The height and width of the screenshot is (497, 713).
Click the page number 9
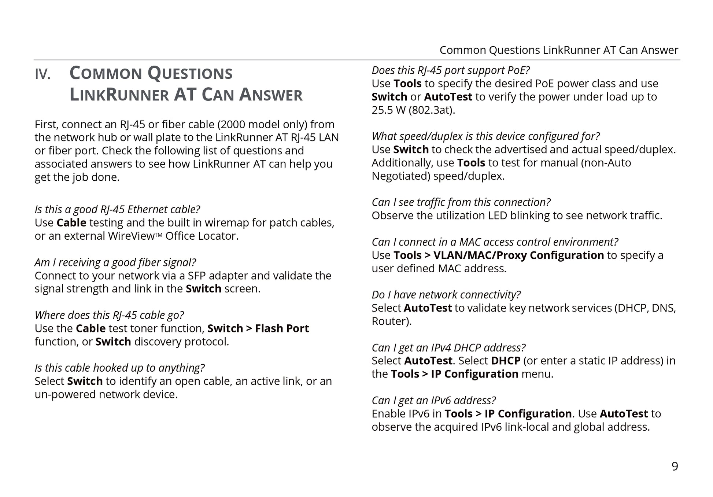pyautogui.click(x=675, y=466)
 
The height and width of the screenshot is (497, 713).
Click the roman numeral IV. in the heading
pyautogui.click(x=43, y=74)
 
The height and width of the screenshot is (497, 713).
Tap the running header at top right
pyautogui.click(x=558, y=50)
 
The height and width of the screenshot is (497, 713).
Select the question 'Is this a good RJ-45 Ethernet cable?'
pyautogui.click(x=117, y=209)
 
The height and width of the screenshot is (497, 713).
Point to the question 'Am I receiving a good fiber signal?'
pyautogui.click(x=115, y=262)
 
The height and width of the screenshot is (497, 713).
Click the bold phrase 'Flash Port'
pyautogui.click(x=282, y=328)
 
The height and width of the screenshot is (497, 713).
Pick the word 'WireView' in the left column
pyautogui.click(x=132, y=236)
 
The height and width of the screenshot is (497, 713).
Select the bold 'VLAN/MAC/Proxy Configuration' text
pyautogui.click(x=518, y=255)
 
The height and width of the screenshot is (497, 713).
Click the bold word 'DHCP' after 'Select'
pyautogui.click(x=505, y=361)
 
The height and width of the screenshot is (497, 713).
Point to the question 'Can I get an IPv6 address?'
pyautogui.click(x=434, y=400)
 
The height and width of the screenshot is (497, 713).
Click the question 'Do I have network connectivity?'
pyautogui.click(x=446, y=295)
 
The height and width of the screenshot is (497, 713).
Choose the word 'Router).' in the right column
pyautogui.click(x=391, y=321)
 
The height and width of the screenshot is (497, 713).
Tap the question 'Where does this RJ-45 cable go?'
pyautogui.click(x=109, y=315)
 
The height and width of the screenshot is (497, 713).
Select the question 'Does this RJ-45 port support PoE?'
pyautogui.click(x=451, y=70)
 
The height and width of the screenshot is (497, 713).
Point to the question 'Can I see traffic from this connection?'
pyautogui.click(x=461, y=202)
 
